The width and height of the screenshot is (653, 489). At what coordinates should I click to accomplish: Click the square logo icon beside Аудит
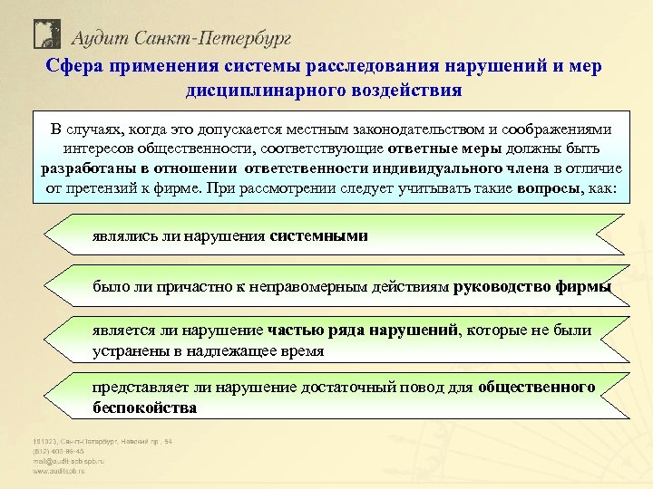[46, 34]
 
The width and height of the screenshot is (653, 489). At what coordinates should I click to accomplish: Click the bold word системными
[319, 236]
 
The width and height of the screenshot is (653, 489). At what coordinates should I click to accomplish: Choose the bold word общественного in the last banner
[537, 388]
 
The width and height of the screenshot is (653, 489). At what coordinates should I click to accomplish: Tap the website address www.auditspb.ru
[63, 471]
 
